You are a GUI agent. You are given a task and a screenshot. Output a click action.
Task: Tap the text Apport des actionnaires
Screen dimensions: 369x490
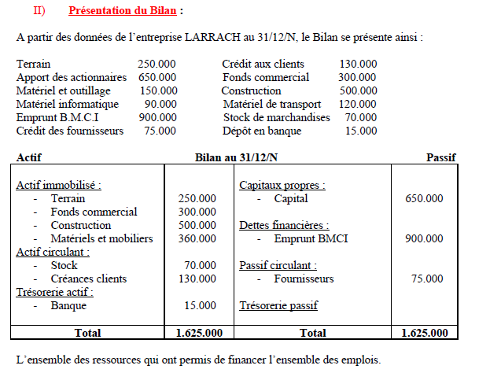pos(71,77)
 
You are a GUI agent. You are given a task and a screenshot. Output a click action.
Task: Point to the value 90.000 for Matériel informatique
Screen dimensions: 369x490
pos(160,104)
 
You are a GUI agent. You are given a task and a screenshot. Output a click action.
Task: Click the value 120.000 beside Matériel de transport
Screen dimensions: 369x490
pos(358,104)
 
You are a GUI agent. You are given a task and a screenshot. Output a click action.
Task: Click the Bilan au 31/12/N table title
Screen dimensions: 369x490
pos(236,157)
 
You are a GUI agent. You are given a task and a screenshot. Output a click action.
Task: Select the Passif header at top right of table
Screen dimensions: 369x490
pos(440,157)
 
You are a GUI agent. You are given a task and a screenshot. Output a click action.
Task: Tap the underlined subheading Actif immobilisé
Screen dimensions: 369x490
pos(58,185)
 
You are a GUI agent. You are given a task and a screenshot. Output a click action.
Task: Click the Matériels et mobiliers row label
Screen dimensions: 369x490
pos(101,238)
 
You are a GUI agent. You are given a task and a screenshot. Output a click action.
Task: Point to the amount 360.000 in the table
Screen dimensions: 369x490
pos(197,238)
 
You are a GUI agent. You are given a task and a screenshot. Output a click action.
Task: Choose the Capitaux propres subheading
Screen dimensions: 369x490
pos(282,185)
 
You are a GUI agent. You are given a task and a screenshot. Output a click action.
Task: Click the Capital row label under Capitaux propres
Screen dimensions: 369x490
pos(291,198)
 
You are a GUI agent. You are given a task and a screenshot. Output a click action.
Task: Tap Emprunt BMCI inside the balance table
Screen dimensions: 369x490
pos(311,238)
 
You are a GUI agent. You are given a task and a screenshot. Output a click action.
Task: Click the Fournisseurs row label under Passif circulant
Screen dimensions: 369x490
pos(304,279)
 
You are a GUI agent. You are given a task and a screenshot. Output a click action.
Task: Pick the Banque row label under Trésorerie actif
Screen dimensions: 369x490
pos(68,305)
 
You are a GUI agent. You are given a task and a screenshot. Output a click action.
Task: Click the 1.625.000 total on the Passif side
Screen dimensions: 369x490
pos(429,333)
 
